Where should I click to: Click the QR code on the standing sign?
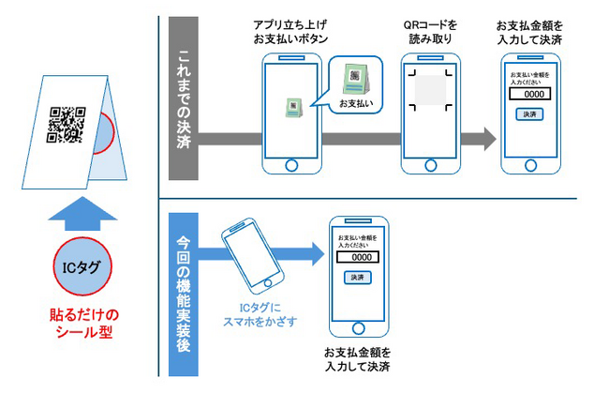coord(66,124)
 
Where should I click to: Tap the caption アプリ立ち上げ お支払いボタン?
coord(290,30)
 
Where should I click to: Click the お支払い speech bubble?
coord(355,86)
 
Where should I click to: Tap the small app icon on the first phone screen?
coord(292,107)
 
